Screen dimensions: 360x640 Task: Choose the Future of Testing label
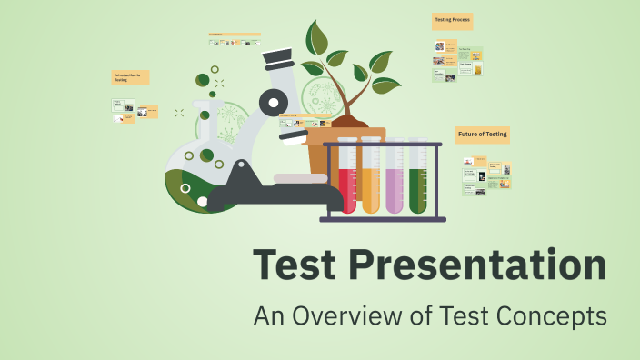tap(483, 135)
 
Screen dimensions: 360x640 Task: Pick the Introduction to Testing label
tap(130, 78)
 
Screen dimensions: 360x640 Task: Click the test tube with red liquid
tap(347, 182)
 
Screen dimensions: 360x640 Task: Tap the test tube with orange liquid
tap(371, 182)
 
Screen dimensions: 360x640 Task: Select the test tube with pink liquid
tap(395, 182)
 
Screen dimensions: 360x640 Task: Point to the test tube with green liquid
tap(418, 182)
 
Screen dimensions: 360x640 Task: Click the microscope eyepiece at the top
tap(277, 59)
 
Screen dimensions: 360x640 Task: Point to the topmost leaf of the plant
tap(317, 38)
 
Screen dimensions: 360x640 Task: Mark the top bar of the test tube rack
tap(382, 144)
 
